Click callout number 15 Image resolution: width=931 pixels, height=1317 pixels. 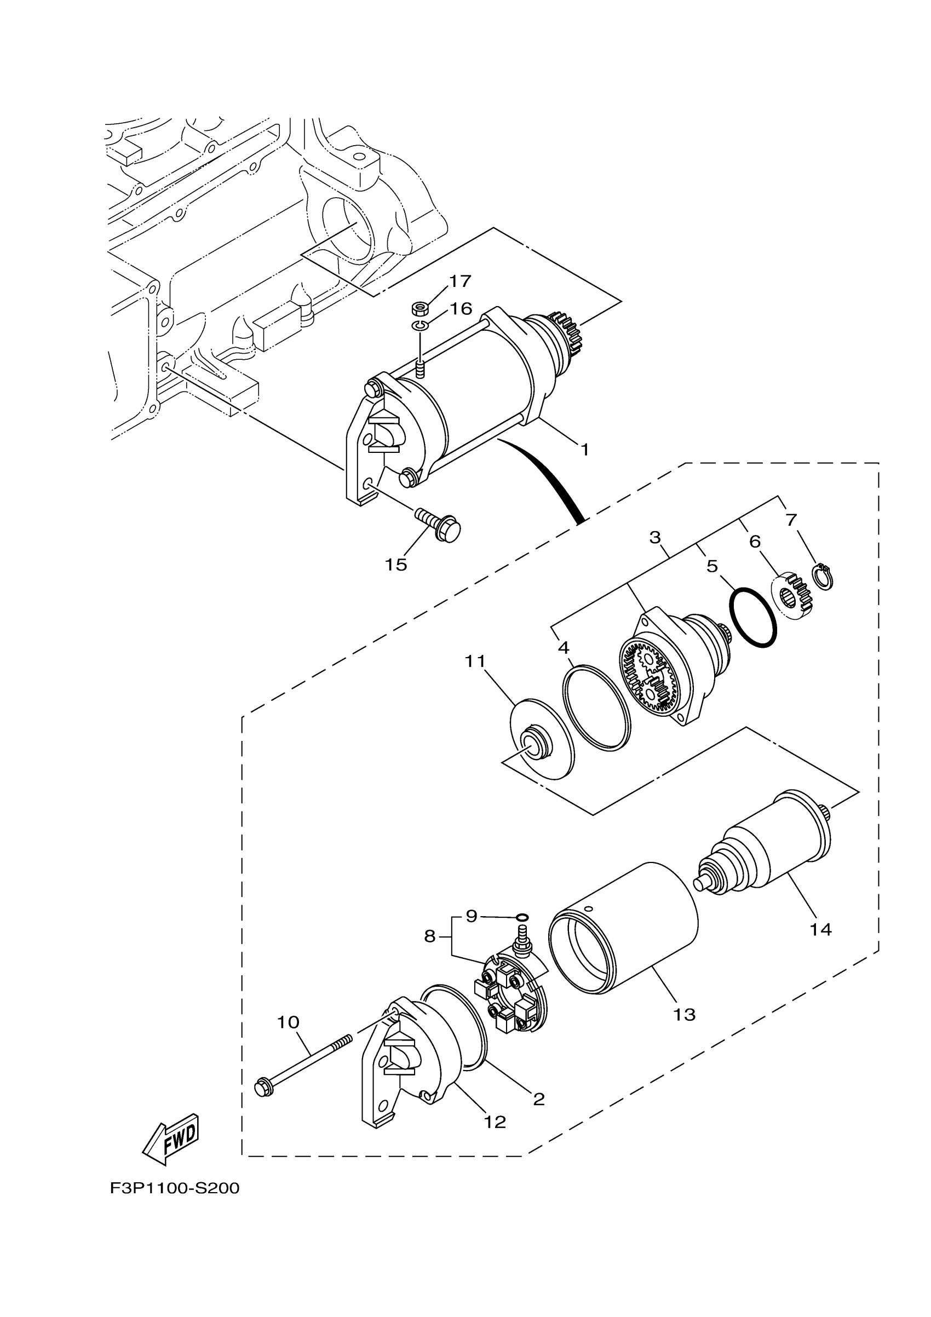click(396, 565)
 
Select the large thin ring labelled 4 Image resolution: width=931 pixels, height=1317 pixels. click(596, 708)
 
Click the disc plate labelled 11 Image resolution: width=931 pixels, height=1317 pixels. click(542, 739)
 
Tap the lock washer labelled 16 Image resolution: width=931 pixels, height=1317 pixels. click(421, 326)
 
